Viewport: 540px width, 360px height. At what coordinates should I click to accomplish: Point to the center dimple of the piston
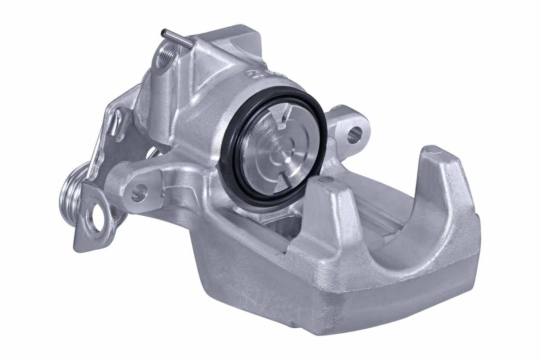[x=279, y=153]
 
